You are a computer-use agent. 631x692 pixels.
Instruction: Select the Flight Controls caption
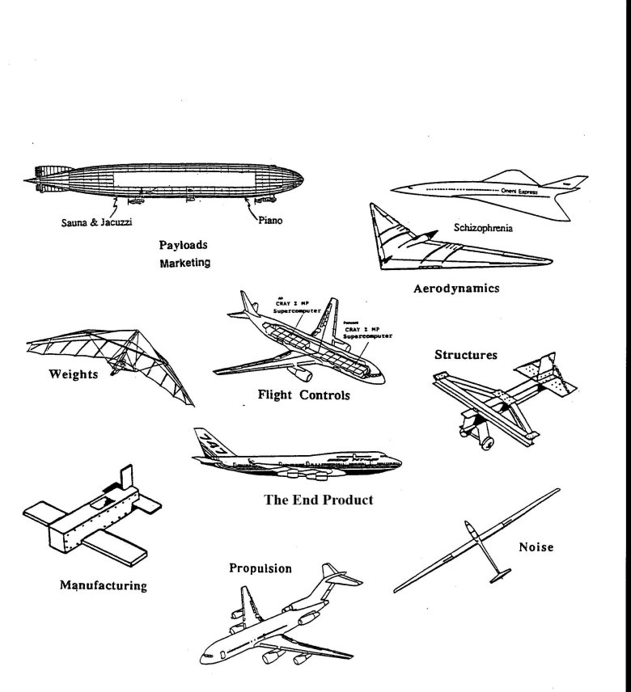(303, 395)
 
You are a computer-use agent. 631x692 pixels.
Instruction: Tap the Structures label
(465, 354)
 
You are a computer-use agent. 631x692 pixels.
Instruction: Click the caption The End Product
(319, 500)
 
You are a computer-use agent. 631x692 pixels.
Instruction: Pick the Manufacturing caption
(104, 584)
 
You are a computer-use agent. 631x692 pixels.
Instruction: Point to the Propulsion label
(260, 568)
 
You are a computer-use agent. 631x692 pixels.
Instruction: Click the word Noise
(536, 547)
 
